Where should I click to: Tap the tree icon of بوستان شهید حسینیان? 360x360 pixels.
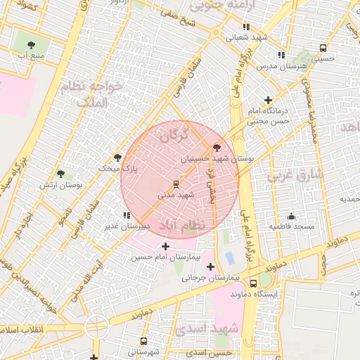215,148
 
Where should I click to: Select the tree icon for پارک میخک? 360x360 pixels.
117,157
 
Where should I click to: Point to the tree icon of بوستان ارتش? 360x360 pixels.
60,173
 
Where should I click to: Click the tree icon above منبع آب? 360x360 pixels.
32,44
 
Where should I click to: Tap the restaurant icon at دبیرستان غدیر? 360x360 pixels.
126,215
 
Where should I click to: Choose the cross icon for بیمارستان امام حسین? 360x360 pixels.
165,246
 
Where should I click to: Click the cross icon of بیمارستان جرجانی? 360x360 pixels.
210,266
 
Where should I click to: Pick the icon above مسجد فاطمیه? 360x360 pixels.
291,216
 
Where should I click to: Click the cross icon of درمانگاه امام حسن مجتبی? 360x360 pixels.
268,101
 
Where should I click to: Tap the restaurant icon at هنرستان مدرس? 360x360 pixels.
281,55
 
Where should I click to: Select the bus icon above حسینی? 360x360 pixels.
323,49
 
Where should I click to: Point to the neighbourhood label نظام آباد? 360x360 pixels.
184,224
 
